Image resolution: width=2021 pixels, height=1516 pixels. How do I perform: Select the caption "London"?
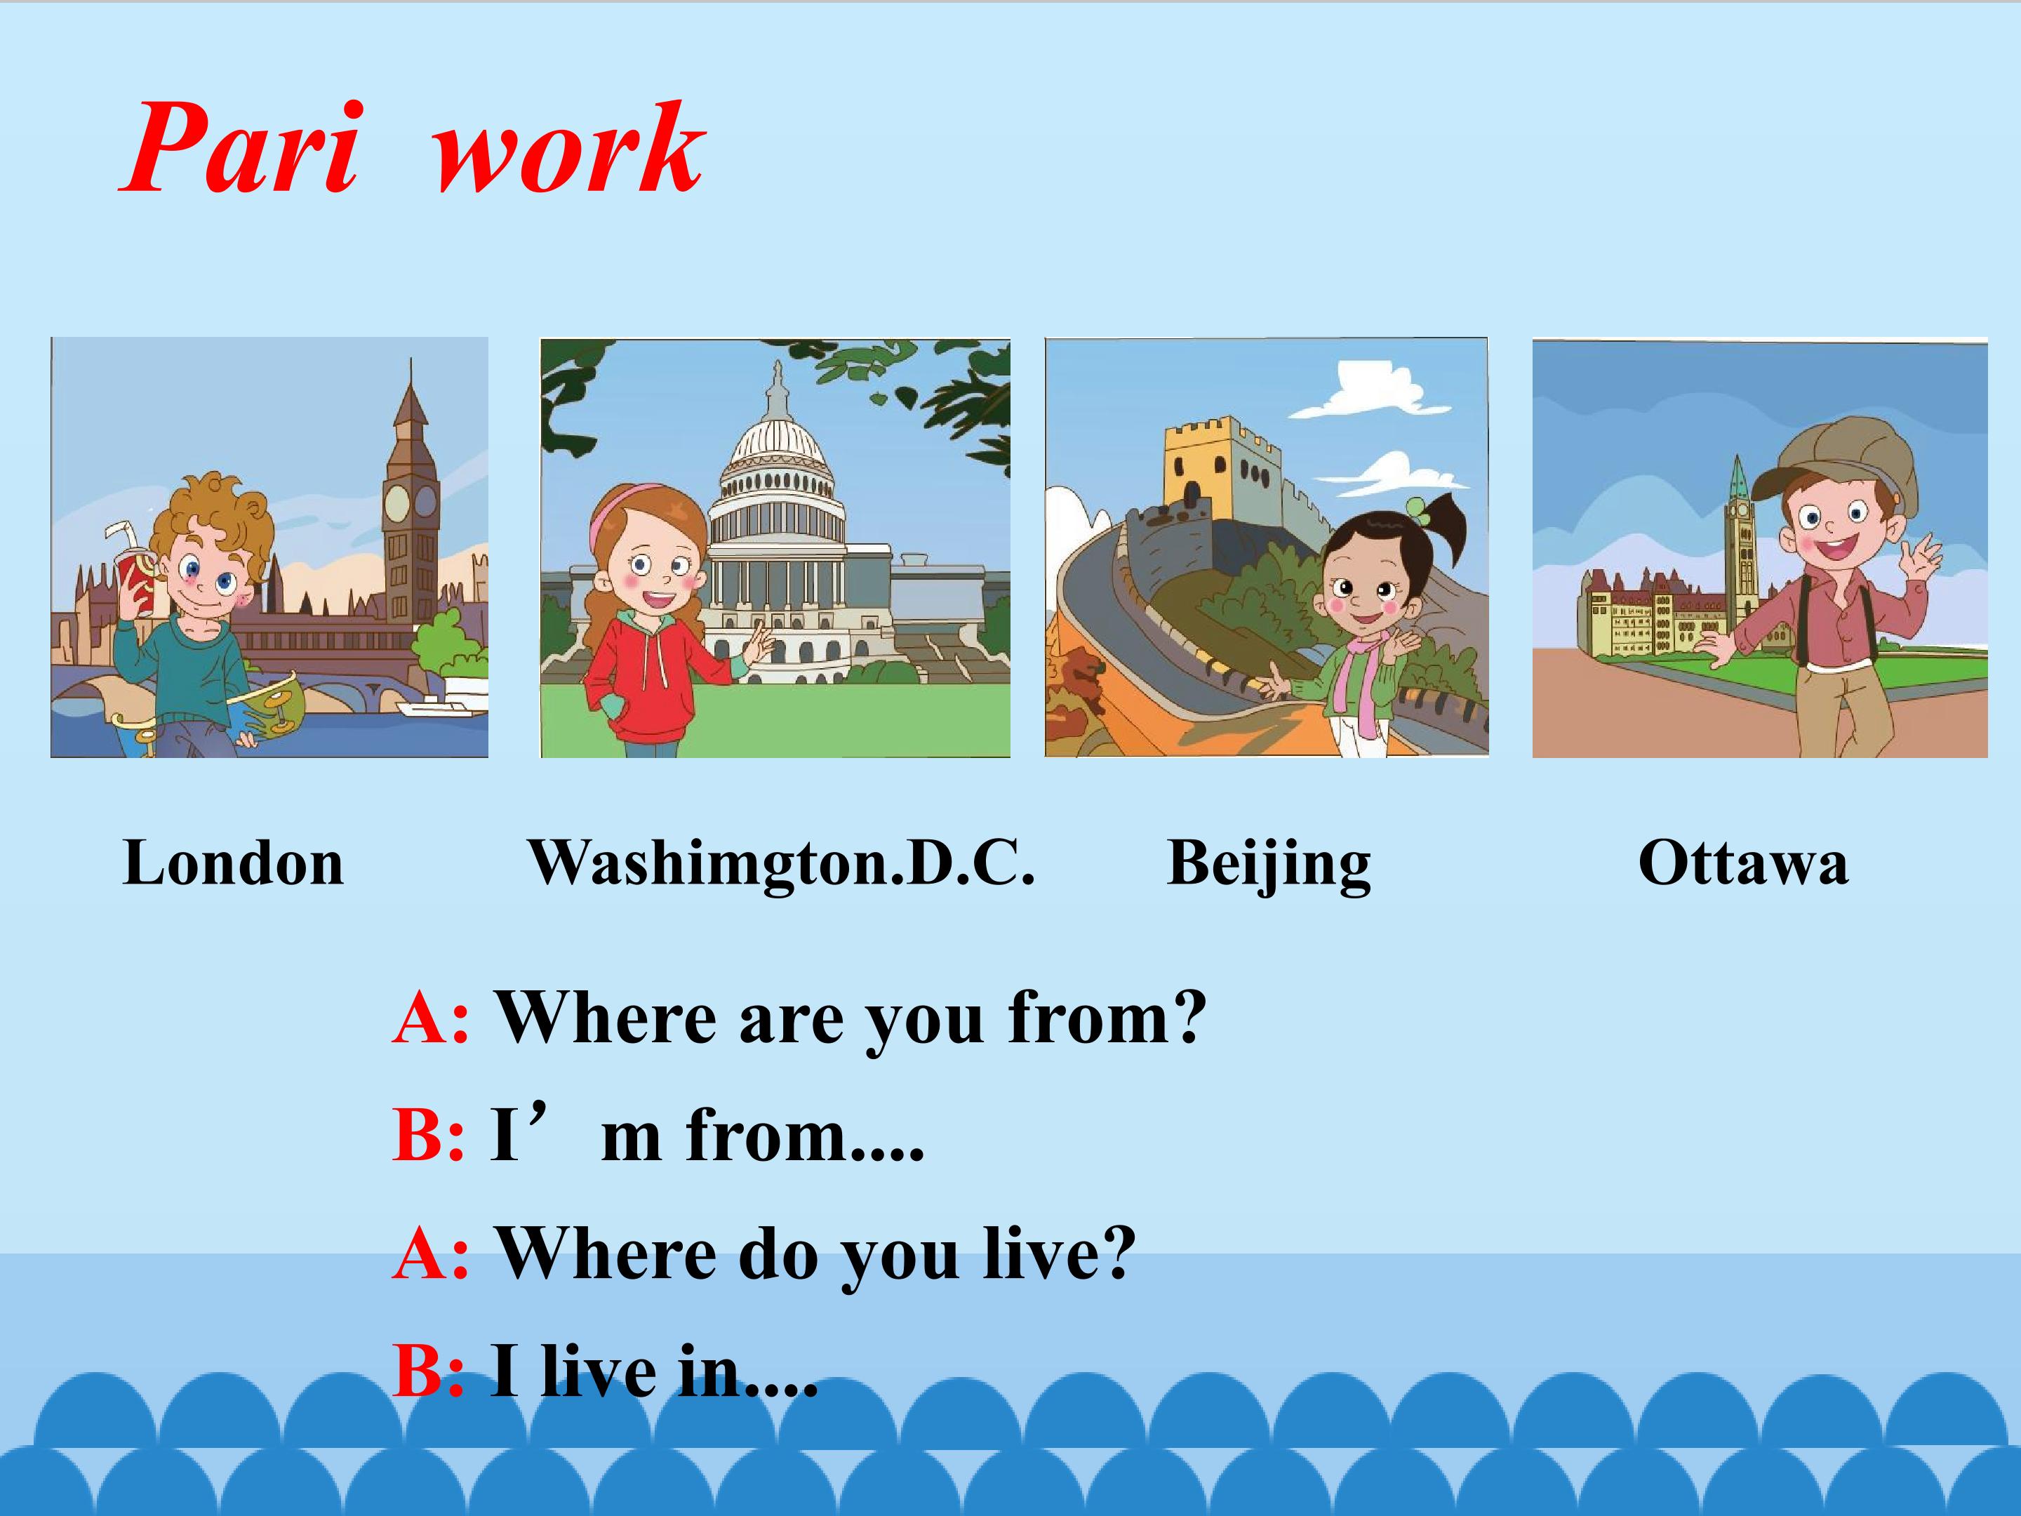(233, 862)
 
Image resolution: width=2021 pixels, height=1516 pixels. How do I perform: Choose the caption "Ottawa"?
(1743, 862)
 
